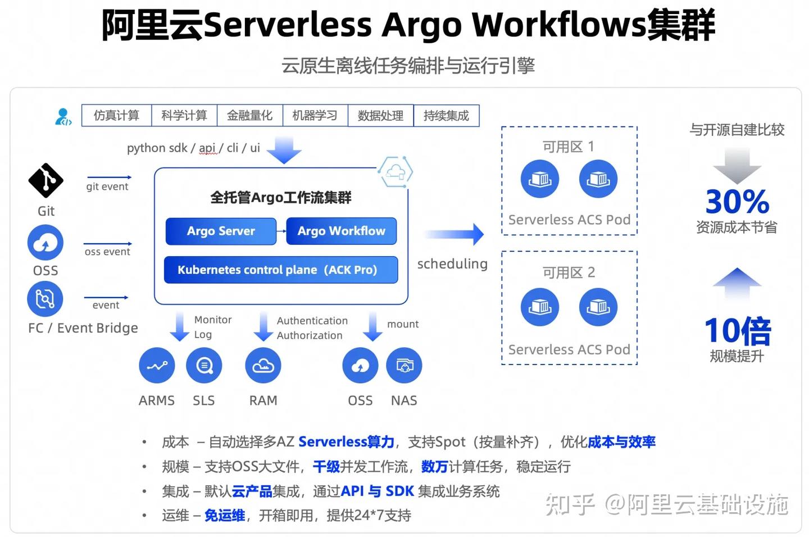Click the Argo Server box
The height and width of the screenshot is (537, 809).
[x=221, y=231]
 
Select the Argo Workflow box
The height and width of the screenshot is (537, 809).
[x=341, y=231]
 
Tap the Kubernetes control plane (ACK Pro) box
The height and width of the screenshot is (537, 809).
[x=280, y=270]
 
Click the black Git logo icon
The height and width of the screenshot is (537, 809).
[x=46, y=180]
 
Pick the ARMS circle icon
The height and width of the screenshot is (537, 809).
[x=157, y=366]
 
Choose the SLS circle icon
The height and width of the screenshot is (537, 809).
[x=204, y=366]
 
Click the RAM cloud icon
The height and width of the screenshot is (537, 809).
[x=263, y=366]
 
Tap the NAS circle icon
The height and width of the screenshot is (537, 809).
[x=404, y=366]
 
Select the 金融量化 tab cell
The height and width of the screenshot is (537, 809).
[x=249, y=116]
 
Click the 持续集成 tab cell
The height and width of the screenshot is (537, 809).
[x=446, y=116]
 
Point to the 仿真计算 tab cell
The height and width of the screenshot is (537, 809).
[x=116, y=116]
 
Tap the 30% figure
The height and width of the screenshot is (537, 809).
[x=737, y=202]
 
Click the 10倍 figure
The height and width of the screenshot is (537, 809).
[x=737, y=331]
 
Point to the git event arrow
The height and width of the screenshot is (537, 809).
[x=108, y=178]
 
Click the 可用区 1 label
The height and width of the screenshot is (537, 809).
[x=568, y=147]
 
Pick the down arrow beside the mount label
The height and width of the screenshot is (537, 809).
[x=372, y=326]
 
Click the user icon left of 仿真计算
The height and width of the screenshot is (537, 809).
[x=63, y=117]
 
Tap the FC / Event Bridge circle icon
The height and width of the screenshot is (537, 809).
[x=45, y=298]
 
